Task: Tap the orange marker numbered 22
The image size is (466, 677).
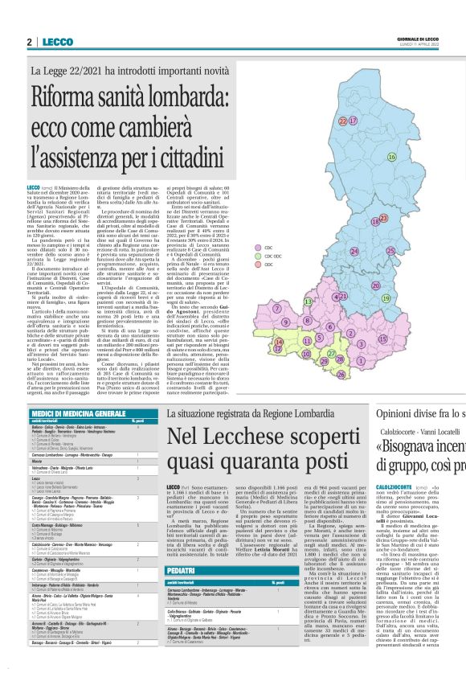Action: pos(342,121)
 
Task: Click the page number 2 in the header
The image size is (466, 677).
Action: pos(29,42)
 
